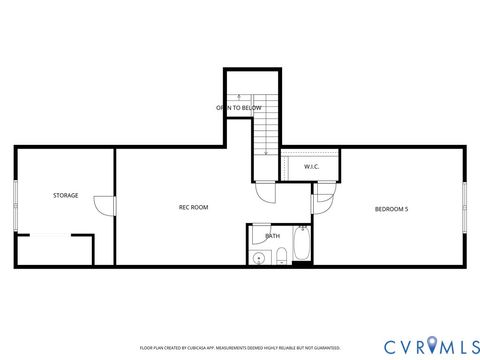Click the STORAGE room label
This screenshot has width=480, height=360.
point(66,195)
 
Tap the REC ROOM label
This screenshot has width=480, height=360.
point(193,207)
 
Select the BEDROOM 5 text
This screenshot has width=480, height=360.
point(391,208)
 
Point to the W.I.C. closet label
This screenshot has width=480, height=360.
point(311,166)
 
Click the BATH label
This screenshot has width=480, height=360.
point(272,237)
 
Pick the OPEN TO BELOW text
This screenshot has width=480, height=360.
point(239,107)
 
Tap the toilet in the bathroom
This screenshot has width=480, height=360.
point(281,257)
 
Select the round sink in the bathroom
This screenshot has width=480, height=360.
point(260,258)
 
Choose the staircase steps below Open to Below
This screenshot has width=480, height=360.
point(265,130)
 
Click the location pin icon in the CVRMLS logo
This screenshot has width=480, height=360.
point(431,346)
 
